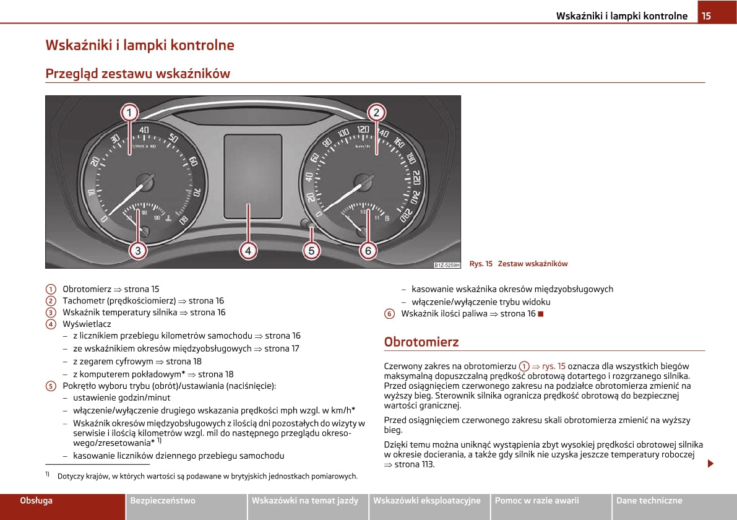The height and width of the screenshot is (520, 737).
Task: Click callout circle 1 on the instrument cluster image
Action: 129,113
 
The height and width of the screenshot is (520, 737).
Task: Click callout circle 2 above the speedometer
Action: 376,113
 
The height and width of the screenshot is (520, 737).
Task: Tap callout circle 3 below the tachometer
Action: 138,251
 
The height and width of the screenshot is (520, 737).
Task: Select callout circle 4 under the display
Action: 248,251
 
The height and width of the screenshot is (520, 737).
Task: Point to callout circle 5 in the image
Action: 311,251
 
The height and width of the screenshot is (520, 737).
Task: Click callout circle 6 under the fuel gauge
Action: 368,251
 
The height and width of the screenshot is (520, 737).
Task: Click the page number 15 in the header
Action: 706,15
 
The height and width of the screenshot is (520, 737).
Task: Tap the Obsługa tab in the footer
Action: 37,500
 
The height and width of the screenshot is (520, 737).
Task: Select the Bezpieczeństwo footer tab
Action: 163,500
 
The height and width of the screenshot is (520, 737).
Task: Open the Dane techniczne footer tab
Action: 649,500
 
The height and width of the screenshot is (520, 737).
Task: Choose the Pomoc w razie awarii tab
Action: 537,500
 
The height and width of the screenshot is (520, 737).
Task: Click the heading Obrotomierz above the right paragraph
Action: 421,342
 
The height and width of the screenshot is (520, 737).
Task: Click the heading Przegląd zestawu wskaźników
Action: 137,74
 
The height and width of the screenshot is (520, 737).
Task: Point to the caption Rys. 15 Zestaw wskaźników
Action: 518,264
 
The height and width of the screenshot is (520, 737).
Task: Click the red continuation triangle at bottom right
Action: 710,463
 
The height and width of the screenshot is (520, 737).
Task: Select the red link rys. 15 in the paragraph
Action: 553,366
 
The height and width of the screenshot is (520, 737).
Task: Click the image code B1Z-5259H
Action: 447,265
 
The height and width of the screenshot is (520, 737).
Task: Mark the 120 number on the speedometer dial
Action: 363,130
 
